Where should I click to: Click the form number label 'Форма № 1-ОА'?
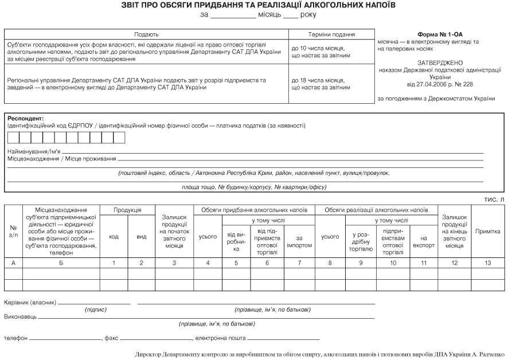(x=440, y=34)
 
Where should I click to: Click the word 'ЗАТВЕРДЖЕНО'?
(x=440, y=62)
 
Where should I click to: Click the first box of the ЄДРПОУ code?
(x=13, y=138)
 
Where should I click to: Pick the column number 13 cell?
(x=488, y=263)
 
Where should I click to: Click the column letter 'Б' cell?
(x=60, y=263)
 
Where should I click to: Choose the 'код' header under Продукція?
(x=114, y=237)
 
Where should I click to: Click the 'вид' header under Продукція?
(x=141, y=237)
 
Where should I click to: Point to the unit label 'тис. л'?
(x=498, y=199)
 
